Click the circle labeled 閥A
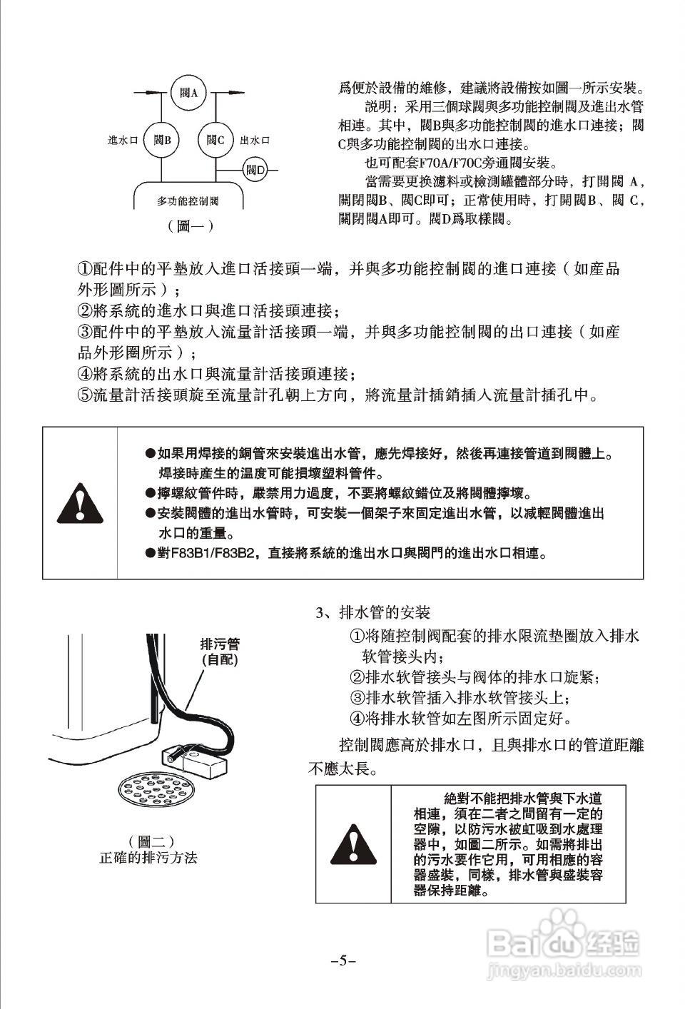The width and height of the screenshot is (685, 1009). click(189, 93)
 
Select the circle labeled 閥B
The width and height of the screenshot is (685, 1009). click(161, 140)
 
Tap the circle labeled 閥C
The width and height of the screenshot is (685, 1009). click(215, 140)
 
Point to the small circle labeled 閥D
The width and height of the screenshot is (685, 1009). click(255, 170)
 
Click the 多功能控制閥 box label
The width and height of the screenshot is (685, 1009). click(188, 202)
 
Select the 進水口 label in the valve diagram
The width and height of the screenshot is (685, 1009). click(122, 141)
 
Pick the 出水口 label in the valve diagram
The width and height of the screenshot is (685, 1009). click(255, 141)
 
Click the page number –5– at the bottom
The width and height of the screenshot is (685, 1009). click(343, 960)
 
